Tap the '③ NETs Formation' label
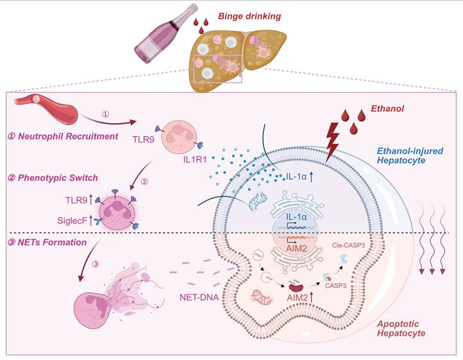[x=54, y=244]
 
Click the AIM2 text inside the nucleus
[x=294, y=248]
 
